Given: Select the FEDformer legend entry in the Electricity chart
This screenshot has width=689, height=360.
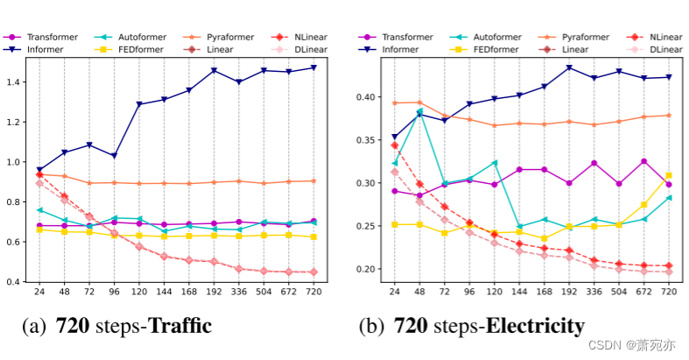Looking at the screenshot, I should tap(500, 49).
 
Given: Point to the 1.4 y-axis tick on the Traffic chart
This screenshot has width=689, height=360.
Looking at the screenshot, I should tap(21, 81).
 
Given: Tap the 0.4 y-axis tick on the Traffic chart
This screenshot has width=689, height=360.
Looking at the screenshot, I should tap(21, 281).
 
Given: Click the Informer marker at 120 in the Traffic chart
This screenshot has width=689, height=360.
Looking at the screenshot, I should tap(138, 104).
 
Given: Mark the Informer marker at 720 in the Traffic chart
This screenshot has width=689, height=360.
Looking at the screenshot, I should tap(313, 67).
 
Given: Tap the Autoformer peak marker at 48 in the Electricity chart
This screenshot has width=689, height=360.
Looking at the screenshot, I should tap(418, 112).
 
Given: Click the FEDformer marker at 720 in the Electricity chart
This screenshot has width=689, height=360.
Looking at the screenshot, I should tap(669, 175).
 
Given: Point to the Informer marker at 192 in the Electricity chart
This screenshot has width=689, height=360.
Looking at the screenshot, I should tap(569, 67).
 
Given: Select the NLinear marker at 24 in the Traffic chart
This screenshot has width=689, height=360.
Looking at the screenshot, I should tap(39, 174).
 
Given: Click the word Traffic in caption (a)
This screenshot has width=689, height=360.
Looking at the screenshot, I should tap(180, 328).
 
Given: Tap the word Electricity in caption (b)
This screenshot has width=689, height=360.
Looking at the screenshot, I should tap(534, 328).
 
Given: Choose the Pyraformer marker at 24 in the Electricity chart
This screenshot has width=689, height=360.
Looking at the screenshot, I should tap(394, 103).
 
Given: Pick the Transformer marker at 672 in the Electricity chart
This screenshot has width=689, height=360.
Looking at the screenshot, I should tap(643, 161).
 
